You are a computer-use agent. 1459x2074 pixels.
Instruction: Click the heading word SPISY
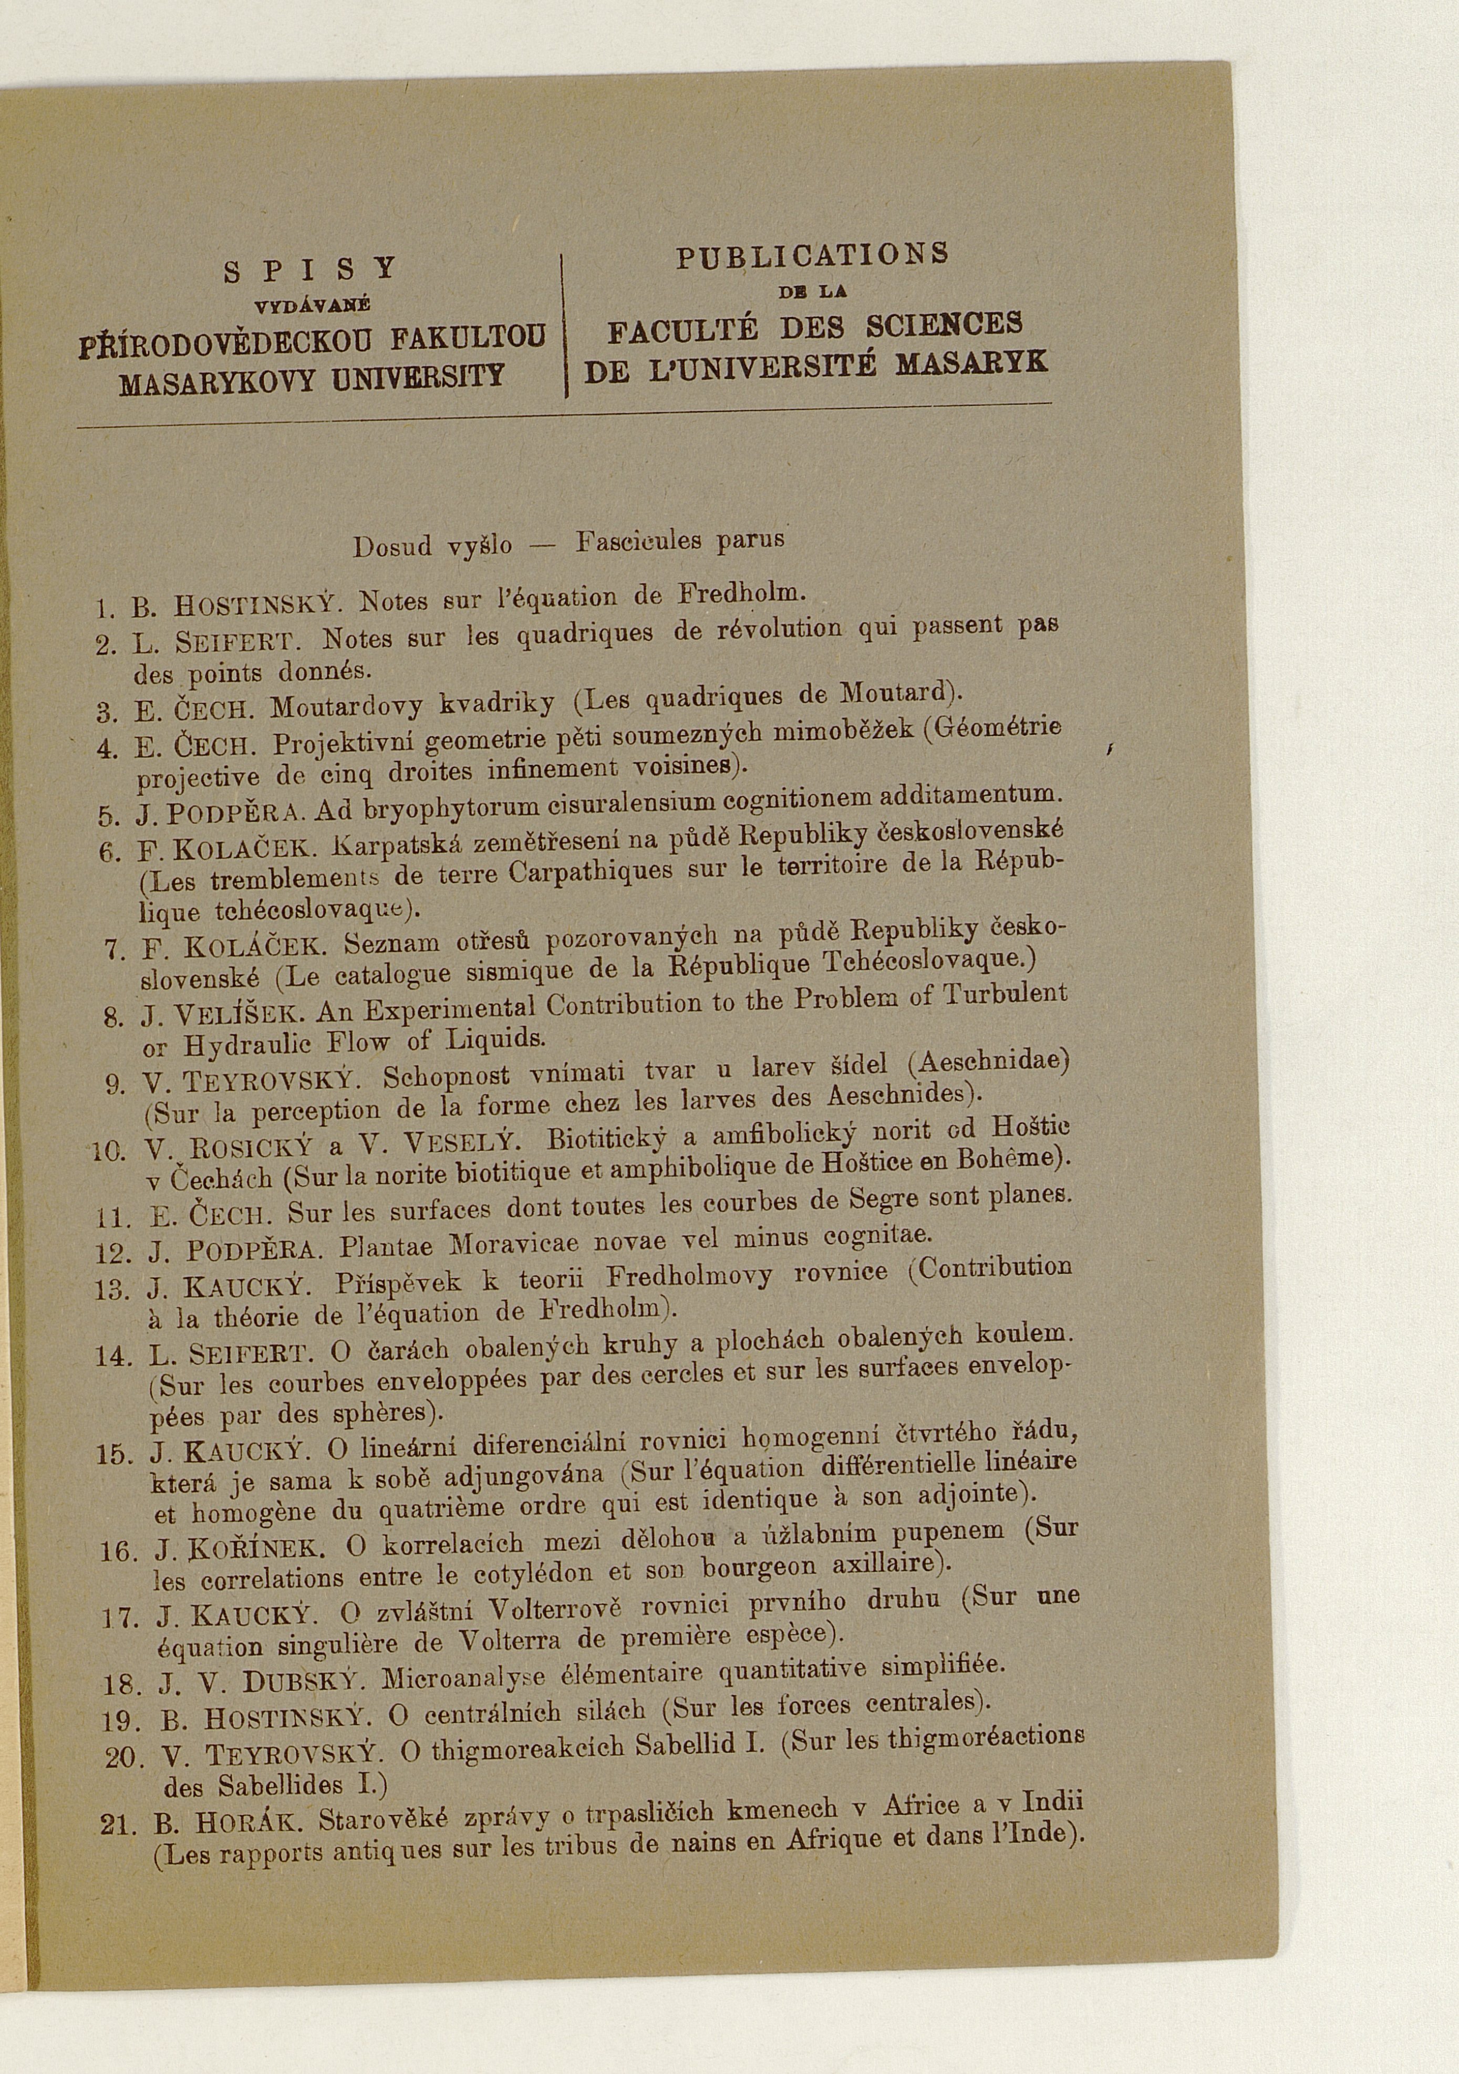pyautogui.click(x=310, y=269)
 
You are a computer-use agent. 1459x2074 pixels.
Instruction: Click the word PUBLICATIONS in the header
pyautogui.click(x=812, y=256)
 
